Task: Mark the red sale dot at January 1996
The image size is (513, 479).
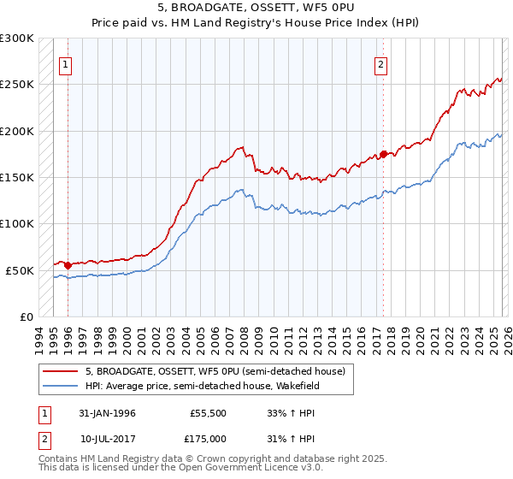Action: click(68, 265)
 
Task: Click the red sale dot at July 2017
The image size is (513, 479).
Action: click(384, 154)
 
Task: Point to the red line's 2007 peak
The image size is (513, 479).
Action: click(242, 147)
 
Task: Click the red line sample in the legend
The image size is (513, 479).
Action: click(61, 371)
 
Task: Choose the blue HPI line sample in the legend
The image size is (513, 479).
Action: click(61, 386)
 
